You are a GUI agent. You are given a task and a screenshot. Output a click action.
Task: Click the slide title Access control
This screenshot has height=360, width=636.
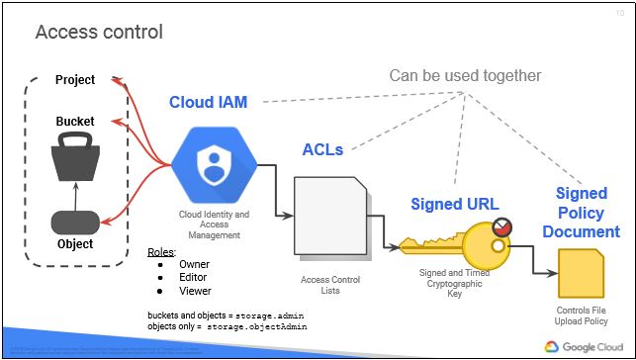point(99,33)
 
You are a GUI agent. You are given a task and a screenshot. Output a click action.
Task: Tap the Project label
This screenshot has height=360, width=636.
point(75,80)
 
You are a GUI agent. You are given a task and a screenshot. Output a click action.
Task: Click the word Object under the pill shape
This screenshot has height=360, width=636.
point(75,243)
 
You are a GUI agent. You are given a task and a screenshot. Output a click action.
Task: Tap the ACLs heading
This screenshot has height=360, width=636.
point(322,149)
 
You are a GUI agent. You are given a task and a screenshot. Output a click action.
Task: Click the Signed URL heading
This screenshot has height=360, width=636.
point(450,204)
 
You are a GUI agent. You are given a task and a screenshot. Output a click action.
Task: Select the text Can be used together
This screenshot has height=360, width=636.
point(465,76)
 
